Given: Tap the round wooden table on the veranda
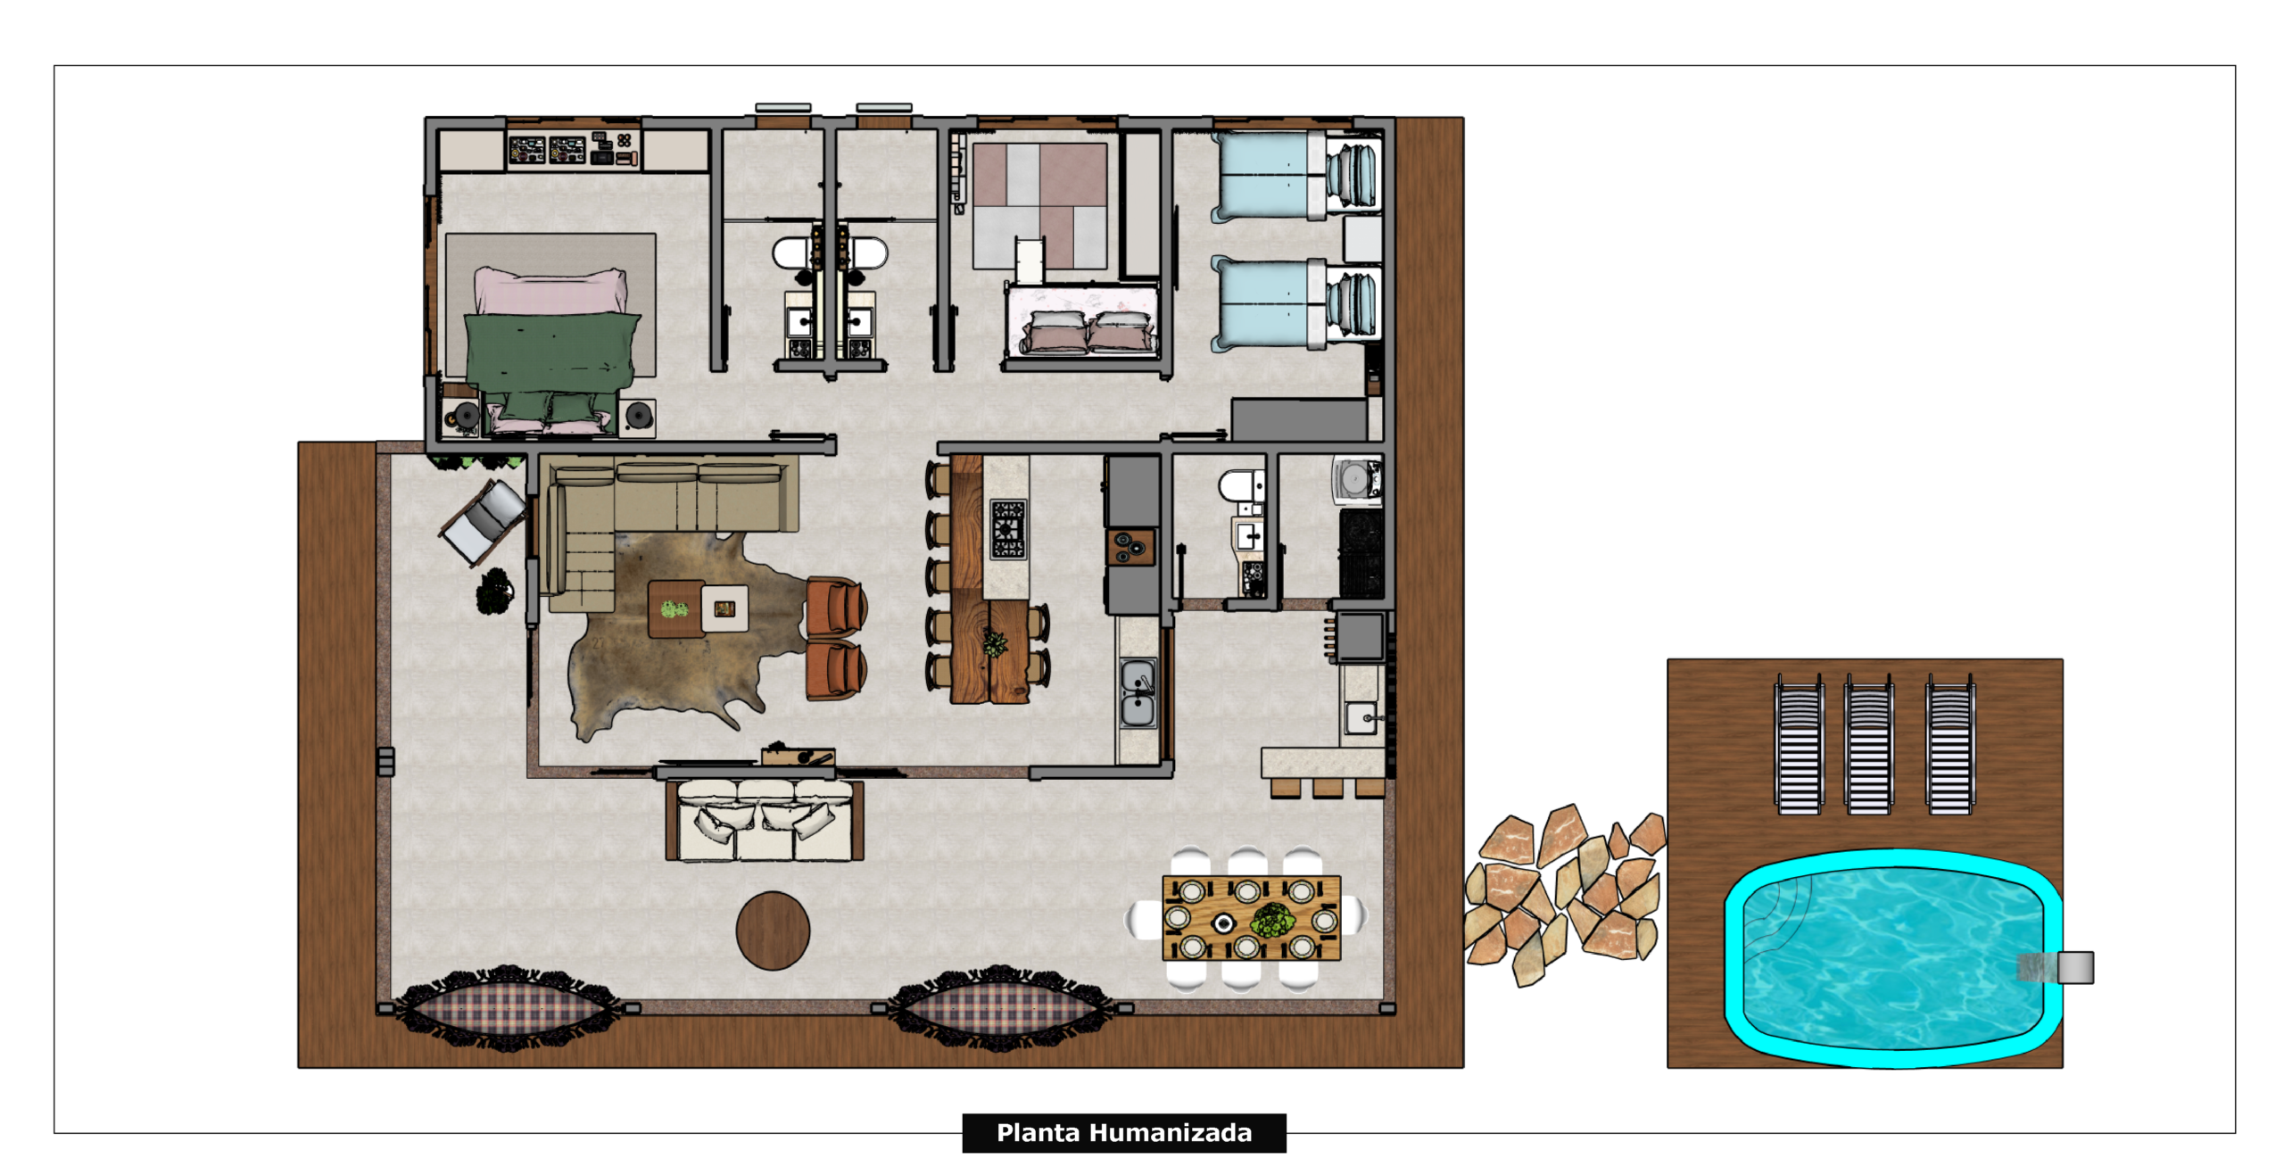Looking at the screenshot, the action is click(773, 931).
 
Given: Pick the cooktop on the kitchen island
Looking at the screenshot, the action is click(1007, 528).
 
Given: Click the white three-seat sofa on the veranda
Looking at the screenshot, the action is click(765, 820).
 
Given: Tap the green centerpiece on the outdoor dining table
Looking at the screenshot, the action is click(1273, 919).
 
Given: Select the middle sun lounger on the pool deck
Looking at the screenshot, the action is click(1868, 745).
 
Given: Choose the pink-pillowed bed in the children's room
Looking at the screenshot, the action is click(1082, 321).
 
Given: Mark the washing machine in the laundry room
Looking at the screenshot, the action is click(1357, 480).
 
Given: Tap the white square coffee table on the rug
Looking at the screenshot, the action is click(724, 608).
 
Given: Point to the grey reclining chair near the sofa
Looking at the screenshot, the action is click(484, 523).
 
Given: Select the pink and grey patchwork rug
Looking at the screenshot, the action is click(1039, 206).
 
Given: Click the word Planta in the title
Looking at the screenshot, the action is click(1038, 1133).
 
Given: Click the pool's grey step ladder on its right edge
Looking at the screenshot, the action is click(2056, 967).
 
